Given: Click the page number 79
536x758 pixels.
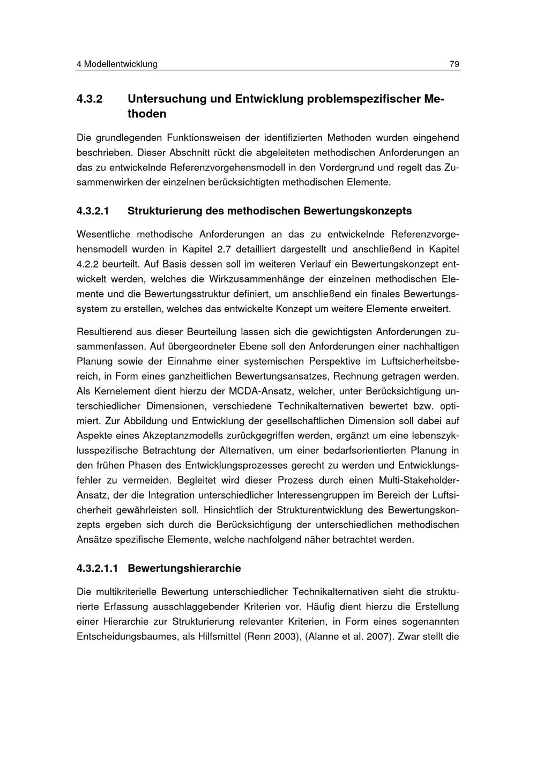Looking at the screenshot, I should pos(454,64).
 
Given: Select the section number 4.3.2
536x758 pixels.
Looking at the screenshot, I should pos(90,99).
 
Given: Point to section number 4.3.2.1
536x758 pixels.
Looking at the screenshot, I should pos(93,211).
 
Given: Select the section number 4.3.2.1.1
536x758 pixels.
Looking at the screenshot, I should pos(98,568).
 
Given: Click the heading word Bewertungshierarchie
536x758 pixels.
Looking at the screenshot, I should pos(184,568).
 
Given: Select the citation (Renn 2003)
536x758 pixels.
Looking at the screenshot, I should pos(270,637).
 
